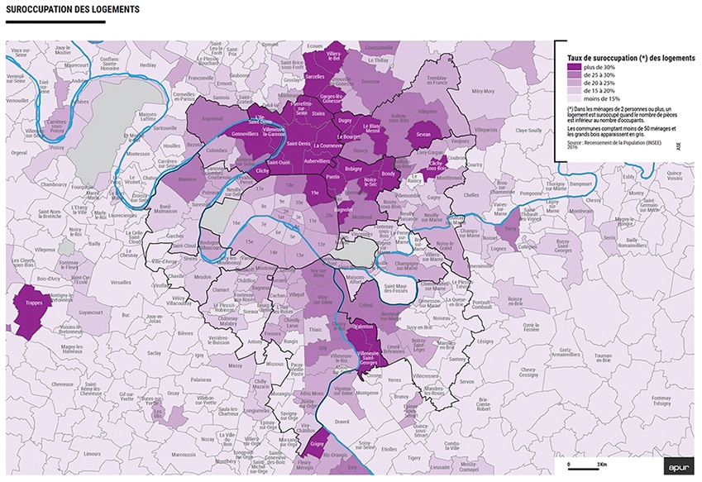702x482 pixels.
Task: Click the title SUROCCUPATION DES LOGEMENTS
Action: coord(72,10)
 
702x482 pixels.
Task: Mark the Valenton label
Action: coord(365,327)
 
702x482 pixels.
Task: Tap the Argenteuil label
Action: coord(213,119)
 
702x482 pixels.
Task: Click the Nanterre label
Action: coord(188,178)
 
